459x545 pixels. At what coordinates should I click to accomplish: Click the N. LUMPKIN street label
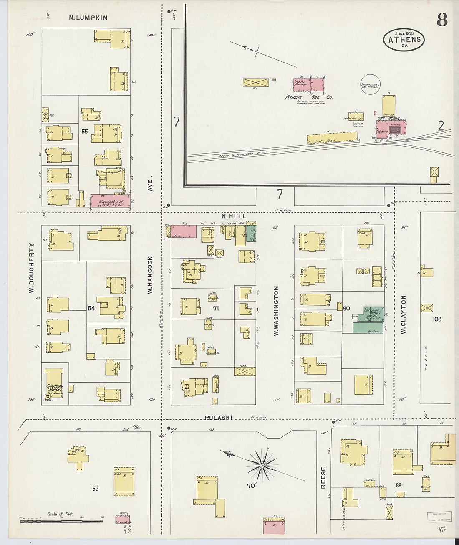88,18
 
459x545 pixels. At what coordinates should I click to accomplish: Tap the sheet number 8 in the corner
442,20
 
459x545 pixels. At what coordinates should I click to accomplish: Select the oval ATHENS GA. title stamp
404,40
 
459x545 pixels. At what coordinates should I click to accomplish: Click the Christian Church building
54,383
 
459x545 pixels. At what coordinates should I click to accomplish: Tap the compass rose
262,465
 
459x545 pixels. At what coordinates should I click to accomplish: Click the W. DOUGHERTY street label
31,268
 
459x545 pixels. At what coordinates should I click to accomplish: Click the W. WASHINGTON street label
276,311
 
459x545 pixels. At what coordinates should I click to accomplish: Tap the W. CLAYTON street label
404,314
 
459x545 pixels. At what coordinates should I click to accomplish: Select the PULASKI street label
218,418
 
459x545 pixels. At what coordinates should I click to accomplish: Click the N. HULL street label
234,216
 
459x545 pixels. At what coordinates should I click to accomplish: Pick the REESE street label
323,477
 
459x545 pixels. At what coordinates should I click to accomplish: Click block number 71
216,308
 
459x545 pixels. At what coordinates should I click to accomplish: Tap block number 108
437,319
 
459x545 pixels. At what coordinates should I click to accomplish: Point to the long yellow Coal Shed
332,138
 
